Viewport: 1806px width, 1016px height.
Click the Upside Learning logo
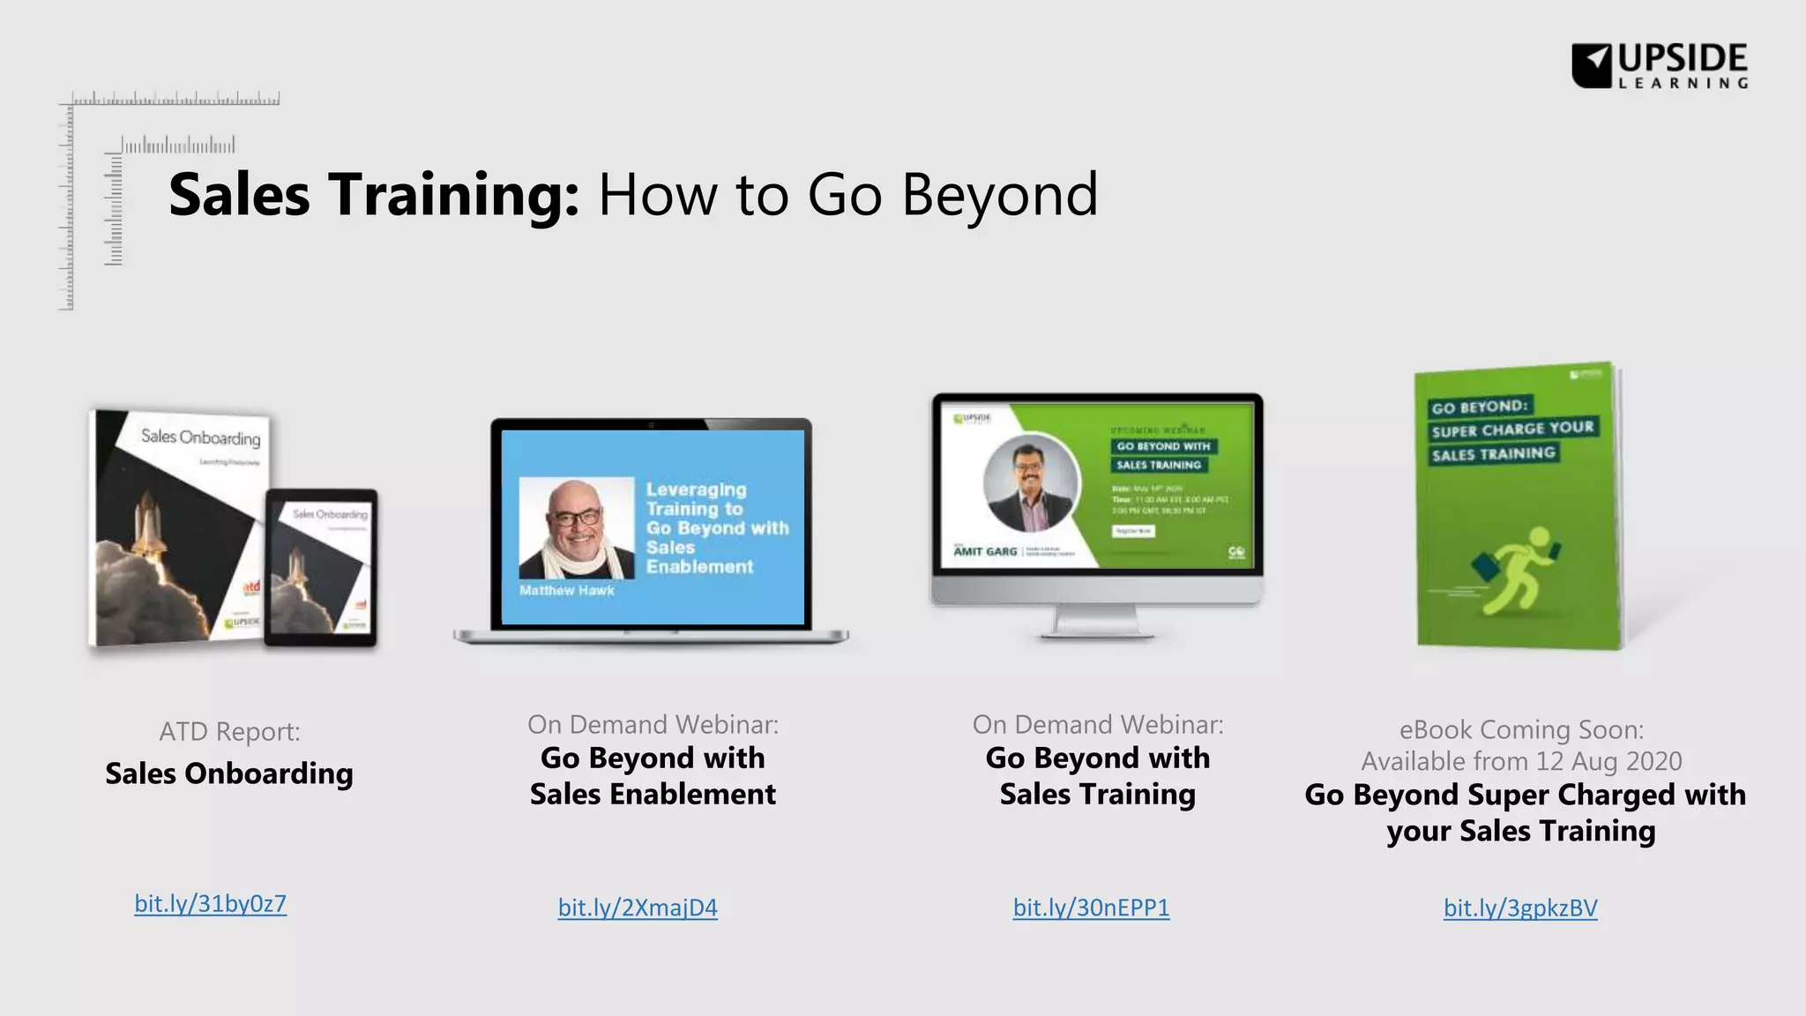pos(1659,65)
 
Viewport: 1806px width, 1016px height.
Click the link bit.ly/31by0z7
pos(210,903)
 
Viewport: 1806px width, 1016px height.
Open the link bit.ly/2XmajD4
pos(638,908)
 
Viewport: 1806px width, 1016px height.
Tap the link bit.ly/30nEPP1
pos(1091,908)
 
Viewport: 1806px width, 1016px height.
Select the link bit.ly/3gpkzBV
pos(1520,908)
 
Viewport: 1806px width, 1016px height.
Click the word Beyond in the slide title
pos(999,195)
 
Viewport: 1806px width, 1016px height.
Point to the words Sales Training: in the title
pos(374,195)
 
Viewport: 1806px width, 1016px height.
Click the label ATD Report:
pos(229,731)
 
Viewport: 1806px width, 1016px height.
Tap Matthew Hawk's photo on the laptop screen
pos(576,527)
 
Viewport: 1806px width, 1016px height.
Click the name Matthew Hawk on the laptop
pos(566,590)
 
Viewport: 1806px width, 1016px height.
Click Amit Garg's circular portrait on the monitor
pos(1030,483)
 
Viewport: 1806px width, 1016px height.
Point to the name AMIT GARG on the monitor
pos(985,551)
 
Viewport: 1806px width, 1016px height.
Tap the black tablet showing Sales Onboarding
pos(321,567)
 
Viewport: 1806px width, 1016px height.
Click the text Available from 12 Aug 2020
pos(1521,761)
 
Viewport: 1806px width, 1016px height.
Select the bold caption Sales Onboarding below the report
pos(229,773)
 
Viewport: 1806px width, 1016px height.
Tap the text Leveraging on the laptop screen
pos(696,489)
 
